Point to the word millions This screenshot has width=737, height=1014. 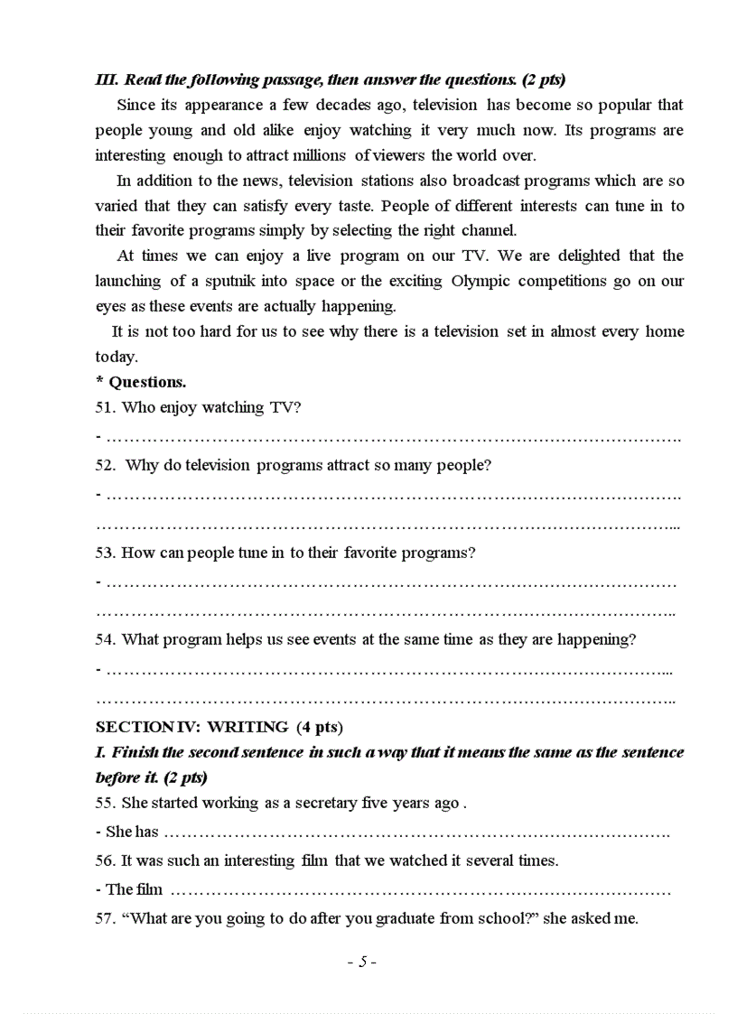(317, 155)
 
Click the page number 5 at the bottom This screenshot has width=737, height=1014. (362, 962)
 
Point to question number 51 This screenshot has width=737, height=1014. (105, 407)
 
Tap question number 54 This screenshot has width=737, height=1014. (105, 639)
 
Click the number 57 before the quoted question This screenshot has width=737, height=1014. (105, 918)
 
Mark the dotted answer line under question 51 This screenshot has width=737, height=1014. (393, 438)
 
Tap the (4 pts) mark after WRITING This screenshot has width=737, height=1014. (319, 726)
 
